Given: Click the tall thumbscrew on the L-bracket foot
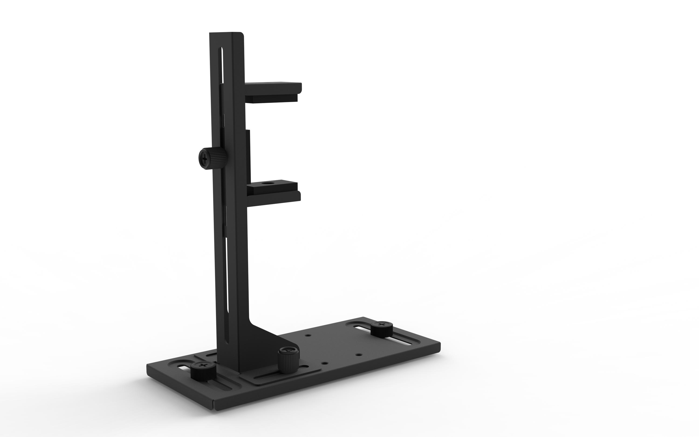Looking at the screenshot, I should click(x=288, y=360).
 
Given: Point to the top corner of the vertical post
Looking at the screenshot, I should click(x=241, y=34).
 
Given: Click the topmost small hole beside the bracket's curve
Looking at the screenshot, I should click(x=308, y=336).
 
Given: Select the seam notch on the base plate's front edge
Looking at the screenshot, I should click(x=213, y=408).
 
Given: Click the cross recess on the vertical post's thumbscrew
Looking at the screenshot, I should click(x=205, y=159).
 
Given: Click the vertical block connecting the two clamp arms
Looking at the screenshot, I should click(x=248, y=156).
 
